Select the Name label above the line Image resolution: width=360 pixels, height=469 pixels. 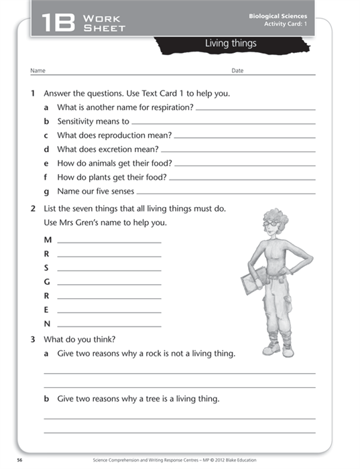click(x=38, y=70)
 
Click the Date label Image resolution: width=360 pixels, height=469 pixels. click(x=237, y=70)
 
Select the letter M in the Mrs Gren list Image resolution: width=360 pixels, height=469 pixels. click(x=47, y=240)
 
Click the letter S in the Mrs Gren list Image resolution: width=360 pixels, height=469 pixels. click(x=46, y=268)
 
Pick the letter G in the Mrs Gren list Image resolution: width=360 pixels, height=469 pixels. click(x=47, y=282)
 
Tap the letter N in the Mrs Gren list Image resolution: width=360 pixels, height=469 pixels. click(x=47, y=324)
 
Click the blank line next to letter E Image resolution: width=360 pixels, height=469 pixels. click(x=109, y=312)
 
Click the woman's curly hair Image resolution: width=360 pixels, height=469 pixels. click(x=273, y=219)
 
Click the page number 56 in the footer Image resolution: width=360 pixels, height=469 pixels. click(x=20, y=460)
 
